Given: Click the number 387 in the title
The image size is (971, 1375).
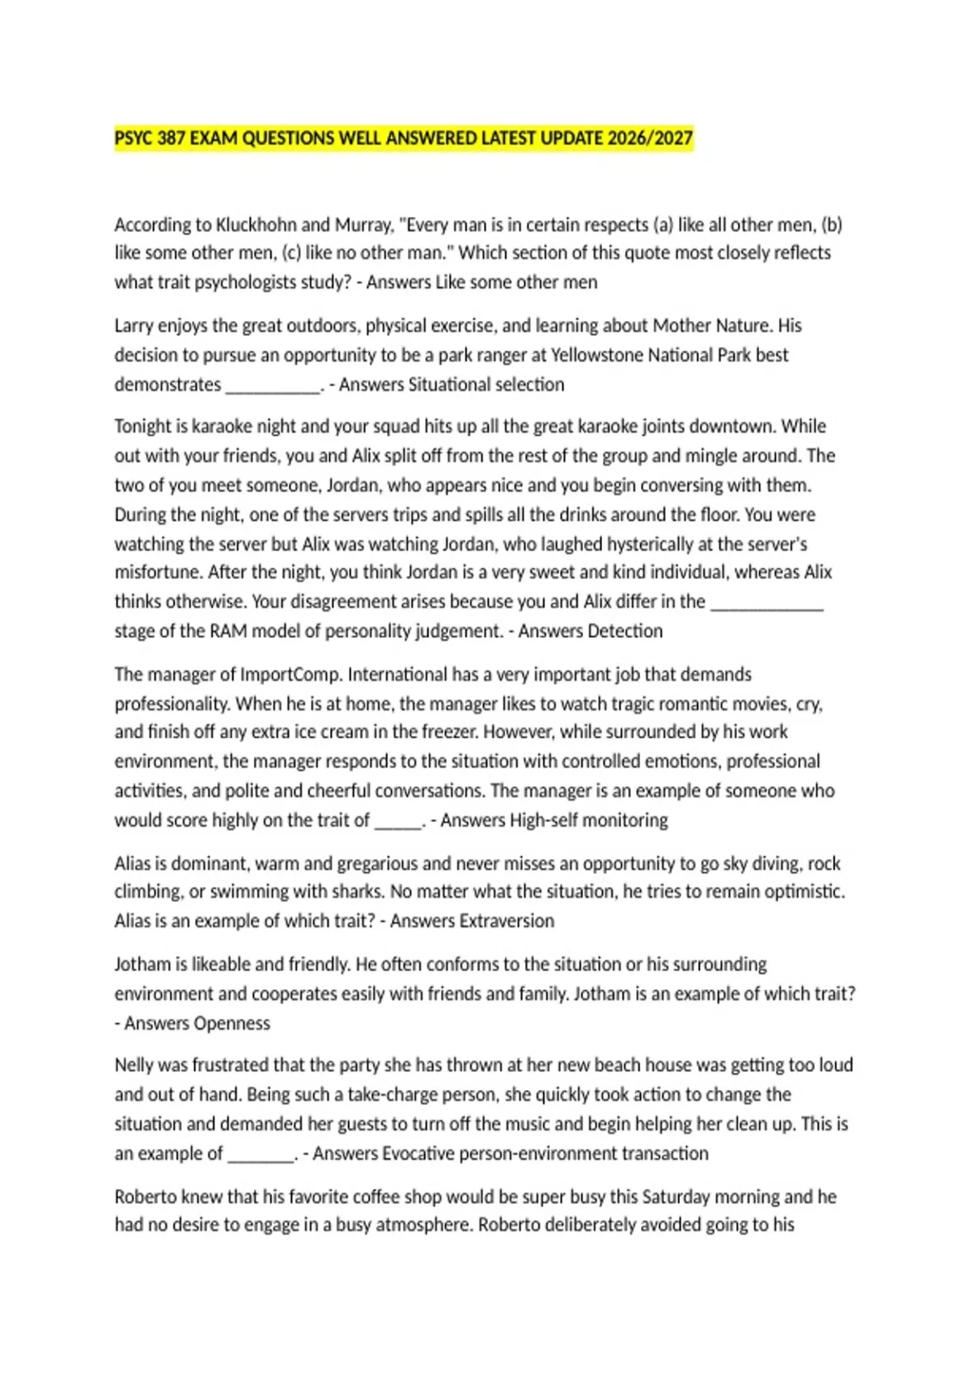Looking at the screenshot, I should [x=172, y=138].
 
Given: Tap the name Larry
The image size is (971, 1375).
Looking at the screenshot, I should [x=134, y=325].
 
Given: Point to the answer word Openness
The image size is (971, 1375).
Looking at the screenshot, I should [x=233, y=1023].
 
